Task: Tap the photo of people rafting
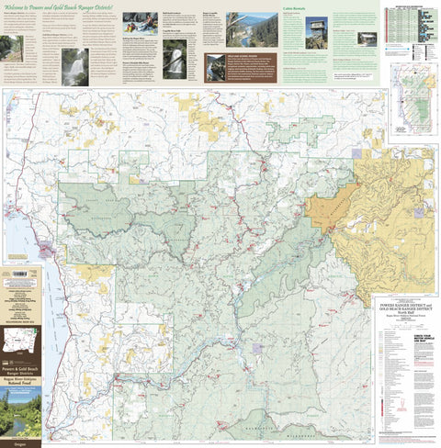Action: (x=140, y=22)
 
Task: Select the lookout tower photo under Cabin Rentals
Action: (x=316, y=29)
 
